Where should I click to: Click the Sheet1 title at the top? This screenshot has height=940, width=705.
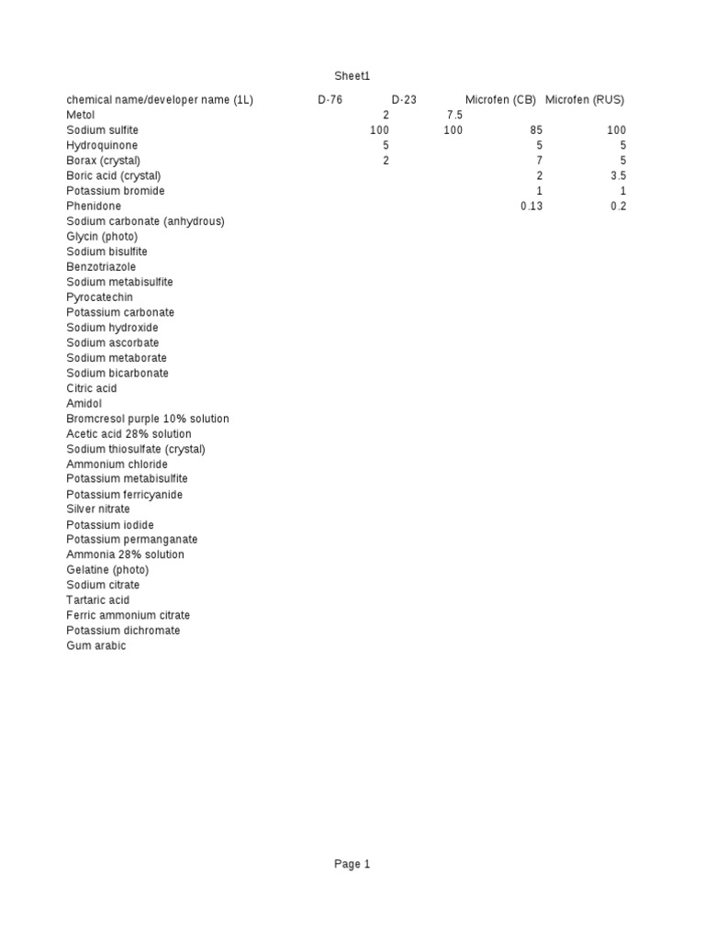tap(352, 76)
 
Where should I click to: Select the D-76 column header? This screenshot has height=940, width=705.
tap(330, 100)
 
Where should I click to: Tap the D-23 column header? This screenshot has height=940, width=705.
tap(404, 100)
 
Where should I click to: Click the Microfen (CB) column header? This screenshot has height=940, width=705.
tap(500, 100)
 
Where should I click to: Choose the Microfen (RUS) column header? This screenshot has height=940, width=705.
tap(585, 100)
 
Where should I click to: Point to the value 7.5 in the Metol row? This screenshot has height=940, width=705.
tap(454, 116)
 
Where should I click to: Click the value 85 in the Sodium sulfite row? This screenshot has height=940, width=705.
tap(536, 130)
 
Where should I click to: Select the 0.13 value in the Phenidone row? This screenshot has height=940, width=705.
tap(532, 207)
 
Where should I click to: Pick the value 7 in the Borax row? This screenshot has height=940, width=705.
tap(540, 161)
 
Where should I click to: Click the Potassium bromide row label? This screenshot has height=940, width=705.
tap(116, 191)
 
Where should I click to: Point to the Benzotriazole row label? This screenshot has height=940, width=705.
tap(100, 266)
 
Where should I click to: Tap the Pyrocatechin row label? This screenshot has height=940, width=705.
tap(99, 297)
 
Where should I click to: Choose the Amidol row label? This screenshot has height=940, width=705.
tap(84, 403)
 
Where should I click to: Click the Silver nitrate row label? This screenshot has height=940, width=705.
tap(98, 509)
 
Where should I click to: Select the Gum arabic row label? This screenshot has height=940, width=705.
tap(96, 646)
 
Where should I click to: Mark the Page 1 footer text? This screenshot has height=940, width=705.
tap(352, 864)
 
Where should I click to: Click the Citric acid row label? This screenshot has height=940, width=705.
tap(92, 388)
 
